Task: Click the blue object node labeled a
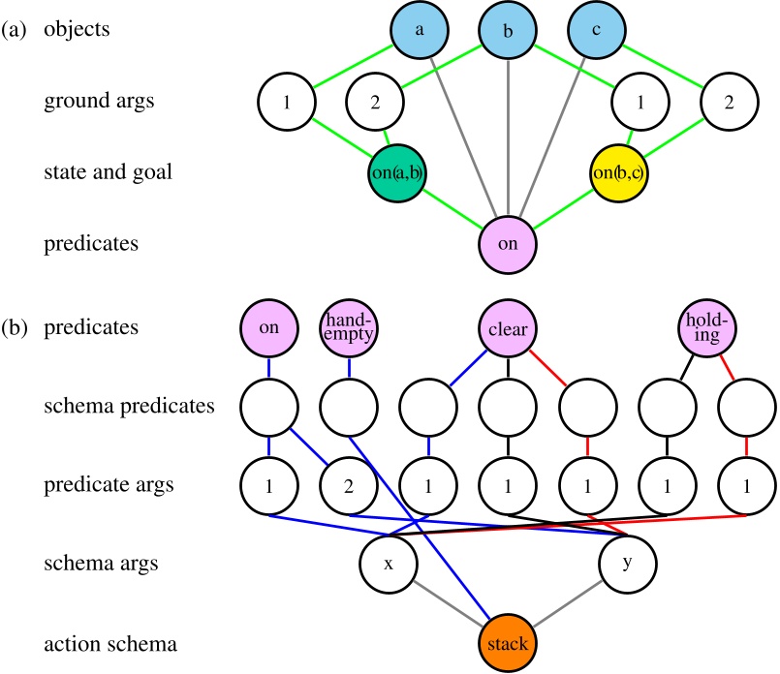[x=421, y=30]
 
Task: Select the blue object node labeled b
[x=509, y=30]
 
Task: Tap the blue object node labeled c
[x=596, y=30]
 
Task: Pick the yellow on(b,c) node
[x=620, y=172]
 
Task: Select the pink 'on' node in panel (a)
[x=509, y=244]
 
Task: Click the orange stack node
[x=509, y=643]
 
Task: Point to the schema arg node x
[x=388, y=562]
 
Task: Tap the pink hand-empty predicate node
[x=349, y=328]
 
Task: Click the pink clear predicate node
[x=509, y=328]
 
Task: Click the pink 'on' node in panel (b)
[x=269, y=328]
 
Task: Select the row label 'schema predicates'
[x=129, y=406]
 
